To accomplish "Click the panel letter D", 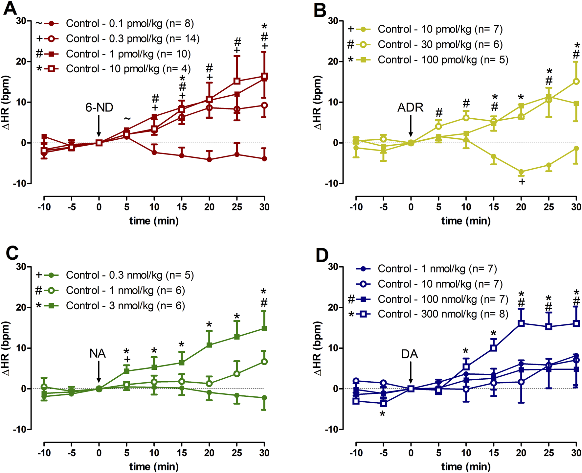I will click(x=322, y=255).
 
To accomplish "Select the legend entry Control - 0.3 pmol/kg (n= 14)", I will click(x=133, y=39).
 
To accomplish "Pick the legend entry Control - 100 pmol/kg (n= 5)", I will click(x=443, y=60).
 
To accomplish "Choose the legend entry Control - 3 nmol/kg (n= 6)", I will click(x=125, y=306).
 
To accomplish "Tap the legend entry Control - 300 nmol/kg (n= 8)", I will click(x=443, y=314).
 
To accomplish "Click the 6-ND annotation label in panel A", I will click(x=99, y=107).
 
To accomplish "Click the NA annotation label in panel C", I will click(x=98, y=354).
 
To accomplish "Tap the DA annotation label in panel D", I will click(x=410, y=354).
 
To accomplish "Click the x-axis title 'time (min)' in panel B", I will click(x=466, y=221).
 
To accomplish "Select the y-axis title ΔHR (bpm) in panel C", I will click(x=6, y=348).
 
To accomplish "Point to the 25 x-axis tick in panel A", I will click(x=237, y=207).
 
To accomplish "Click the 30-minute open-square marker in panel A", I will click(x=264, y=77).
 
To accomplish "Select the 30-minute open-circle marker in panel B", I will click(x=576, y=82).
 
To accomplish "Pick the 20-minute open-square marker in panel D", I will click(x=521, y=323).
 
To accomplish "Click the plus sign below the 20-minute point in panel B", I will click(x=522, y=181).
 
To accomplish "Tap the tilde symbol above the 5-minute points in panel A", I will click(x=127, y=119).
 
